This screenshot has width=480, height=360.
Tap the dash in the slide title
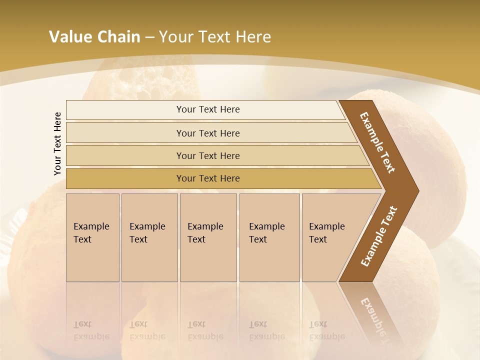click(149, 37)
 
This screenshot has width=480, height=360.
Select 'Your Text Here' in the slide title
click(215, 37)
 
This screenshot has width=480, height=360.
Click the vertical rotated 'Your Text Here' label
click(57, 143)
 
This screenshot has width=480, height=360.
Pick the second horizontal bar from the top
click(208, 133)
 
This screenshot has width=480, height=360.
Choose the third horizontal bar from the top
click(208, 155)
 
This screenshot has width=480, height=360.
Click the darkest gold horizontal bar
click(208, 178)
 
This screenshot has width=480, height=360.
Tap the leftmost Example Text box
click(92, 237)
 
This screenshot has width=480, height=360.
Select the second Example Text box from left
click(149, 237)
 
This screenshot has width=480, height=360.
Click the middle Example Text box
click(208, 237)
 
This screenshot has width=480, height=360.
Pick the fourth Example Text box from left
click(269, 237)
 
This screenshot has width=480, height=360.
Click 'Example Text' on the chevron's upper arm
click(377, 142)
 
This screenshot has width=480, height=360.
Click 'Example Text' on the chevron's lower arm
click(379, 236)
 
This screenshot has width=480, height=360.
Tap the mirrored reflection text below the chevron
click(375, 317)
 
